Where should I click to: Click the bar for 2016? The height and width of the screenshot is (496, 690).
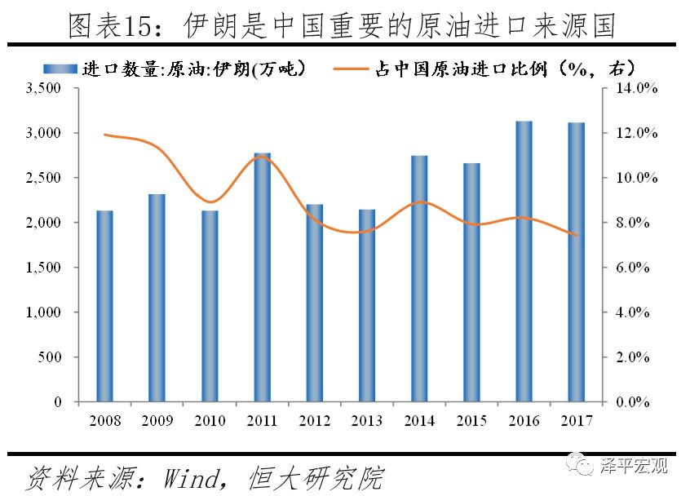(524, 261)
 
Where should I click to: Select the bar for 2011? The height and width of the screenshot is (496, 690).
(262, 277)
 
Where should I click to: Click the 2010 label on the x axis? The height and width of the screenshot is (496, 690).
(210, 421)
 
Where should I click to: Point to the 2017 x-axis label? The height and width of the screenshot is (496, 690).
(577, 421)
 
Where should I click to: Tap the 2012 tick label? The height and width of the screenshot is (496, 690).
(315, 421)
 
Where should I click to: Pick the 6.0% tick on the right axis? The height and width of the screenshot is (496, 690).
(632, 268)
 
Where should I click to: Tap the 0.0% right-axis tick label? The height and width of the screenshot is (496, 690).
(632, 402)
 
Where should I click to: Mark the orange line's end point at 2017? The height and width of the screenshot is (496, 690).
(577, 236)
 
